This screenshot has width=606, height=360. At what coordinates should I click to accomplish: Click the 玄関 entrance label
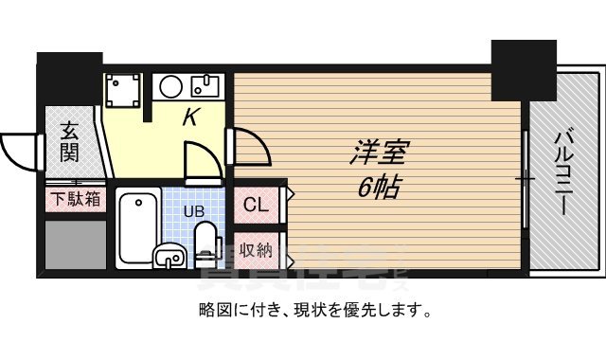pos(70,142)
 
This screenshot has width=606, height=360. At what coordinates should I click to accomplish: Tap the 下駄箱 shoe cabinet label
pos(73,200)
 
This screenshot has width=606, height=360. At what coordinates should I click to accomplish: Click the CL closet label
pos(256,205)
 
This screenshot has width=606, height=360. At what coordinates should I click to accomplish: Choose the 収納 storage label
pos(256,250)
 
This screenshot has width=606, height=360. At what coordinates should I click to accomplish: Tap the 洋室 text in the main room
pos(377,153)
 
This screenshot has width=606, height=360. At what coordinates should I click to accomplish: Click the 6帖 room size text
pos(377,187)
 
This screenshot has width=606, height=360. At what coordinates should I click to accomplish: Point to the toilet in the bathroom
pos(205,244)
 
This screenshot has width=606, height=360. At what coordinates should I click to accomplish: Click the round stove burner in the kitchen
pos(171,87)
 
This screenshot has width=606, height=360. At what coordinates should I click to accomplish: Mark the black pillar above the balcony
pos(523,68)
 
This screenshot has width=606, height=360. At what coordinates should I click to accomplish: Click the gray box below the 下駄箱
pos(75,243)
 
